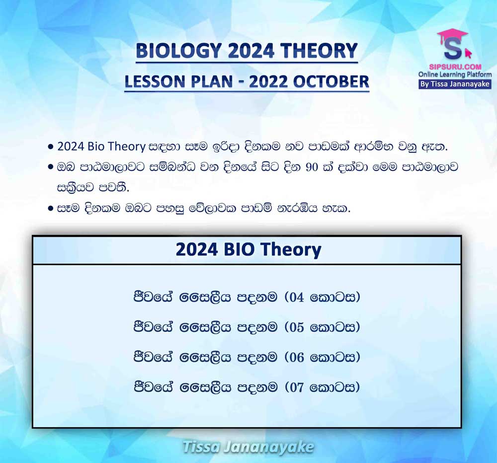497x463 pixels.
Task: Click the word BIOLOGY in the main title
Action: point(178,51)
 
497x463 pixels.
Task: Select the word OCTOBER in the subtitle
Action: point(331,81)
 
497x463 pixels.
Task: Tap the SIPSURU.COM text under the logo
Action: point(455,67)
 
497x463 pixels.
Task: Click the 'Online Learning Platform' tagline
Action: point(455,75)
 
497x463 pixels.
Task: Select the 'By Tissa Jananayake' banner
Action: point(455,84)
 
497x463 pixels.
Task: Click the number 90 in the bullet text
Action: point(312,167)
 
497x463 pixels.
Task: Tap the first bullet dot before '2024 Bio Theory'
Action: point(50,147)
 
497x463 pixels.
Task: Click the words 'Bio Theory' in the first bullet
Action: point(116,147)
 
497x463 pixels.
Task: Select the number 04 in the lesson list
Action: point(297,298)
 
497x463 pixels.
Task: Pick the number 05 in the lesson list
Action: point(297,327)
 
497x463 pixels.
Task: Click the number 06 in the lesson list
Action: point(297,357)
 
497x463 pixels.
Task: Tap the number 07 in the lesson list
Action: point(297,387)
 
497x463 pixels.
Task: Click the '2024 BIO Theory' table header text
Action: point(248,250)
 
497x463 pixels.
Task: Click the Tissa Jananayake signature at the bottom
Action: point(248,447)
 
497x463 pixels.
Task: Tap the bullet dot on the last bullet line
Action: point(50,209)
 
